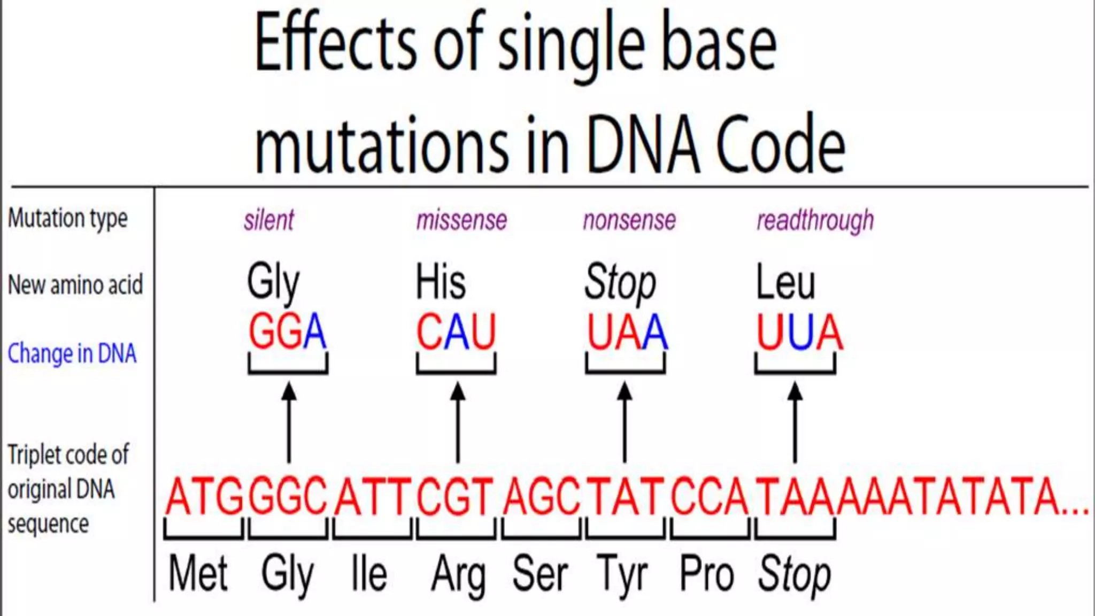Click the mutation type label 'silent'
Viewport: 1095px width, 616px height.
pos(268,220)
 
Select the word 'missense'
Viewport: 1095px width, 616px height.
pos(461,220)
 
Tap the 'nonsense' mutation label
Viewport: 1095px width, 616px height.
pos(629,220)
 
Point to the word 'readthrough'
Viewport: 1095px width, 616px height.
pos(815,220)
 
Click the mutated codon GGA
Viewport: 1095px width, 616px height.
pos(287,332)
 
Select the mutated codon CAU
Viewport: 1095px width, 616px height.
pos(456,332)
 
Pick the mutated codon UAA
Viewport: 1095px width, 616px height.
pos(627,332)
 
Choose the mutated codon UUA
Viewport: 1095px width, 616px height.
pos(799,332)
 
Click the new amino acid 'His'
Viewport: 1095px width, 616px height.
pos(441,282)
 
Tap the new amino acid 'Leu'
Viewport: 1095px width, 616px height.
pos(785,282)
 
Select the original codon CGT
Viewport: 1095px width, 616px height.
pos(455,497)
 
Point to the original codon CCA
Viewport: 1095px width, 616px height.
pos(710,497)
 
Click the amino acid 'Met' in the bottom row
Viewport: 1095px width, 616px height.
pos(198,574)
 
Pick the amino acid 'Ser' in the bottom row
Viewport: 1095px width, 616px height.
pos(540,574)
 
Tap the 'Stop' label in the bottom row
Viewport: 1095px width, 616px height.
pos(795,574)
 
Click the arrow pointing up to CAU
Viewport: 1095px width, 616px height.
pos(458,422)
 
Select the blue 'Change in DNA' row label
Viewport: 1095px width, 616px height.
pos(72,353)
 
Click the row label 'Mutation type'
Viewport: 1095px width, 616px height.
pos(68,218)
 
